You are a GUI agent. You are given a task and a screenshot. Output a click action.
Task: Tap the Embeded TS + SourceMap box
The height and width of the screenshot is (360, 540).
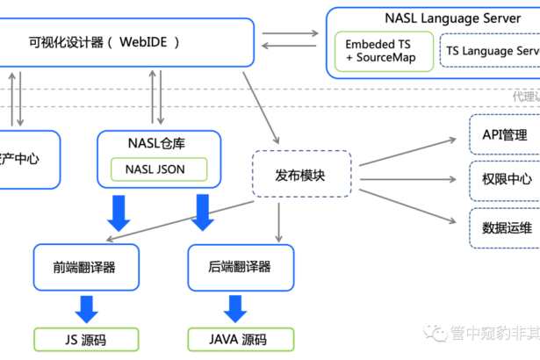(383, 52)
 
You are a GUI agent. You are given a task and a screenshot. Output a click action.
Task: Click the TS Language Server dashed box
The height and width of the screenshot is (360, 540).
(490, 52)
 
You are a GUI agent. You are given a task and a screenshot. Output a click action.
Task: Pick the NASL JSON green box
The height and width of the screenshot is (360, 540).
(159, 169)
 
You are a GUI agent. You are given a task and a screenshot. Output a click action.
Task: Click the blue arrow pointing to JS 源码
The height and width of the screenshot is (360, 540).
(86, 308)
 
